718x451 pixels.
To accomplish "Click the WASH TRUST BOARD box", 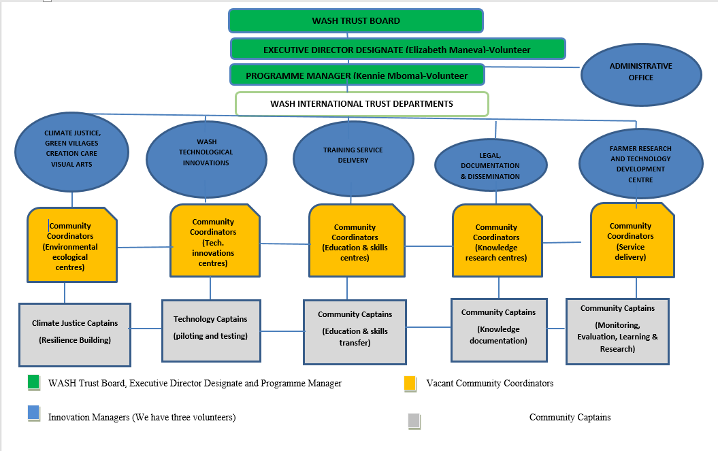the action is (356, 20).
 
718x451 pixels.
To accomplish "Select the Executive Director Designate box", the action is (398, 49).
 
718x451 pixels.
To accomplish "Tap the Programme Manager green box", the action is (357, 75).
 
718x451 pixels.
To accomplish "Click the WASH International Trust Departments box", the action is (362, 104).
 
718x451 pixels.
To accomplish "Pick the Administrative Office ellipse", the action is (641, 75).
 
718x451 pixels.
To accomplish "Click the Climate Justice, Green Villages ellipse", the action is (72, 152).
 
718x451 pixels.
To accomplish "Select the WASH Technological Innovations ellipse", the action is (206, 159).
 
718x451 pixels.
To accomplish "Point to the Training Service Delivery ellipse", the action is (353, 158).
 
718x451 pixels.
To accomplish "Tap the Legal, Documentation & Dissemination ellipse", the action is (491, 165).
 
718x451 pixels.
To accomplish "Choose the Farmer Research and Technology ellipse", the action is (640, 163).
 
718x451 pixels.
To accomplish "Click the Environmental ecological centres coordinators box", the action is (72, 245).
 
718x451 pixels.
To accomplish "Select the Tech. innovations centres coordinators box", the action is (215, 240).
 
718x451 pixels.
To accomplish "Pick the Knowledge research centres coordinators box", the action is (497, 240).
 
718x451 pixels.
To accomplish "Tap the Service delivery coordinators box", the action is (632, 240).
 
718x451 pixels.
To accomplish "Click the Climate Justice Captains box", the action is (75, 335).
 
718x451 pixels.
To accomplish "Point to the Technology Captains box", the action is (211, 331).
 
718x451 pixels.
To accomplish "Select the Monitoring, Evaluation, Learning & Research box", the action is (617, 331).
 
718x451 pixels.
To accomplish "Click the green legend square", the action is (33, 382).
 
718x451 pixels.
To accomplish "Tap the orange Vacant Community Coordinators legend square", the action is (410, 383).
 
